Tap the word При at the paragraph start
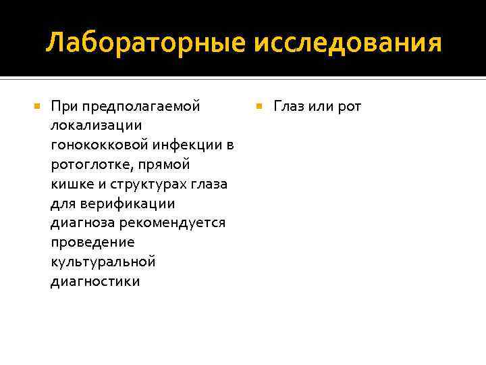point(64,106)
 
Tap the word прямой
point(167,165)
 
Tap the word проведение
point(92,243)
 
